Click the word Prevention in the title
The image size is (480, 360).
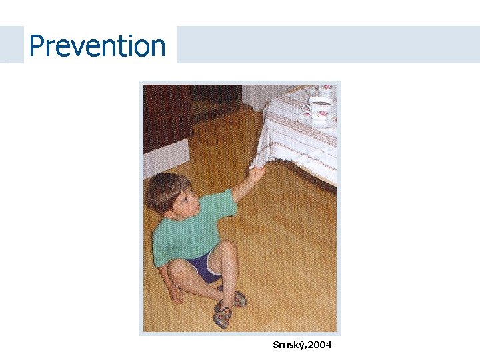click(x=97, y=46)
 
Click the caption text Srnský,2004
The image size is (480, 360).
click(x=302, y=345)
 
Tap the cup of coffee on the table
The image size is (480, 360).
click(x=319, y=106)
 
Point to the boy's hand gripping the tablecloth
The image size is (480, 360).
click(x=256, y=174)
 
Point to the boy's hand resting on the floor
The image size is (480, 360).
click(x=177, y=294)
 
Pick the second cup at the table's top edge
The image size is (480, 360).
click(x=326, y=89)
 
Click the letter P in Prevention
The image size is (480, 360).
click(x=37, y=46)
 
